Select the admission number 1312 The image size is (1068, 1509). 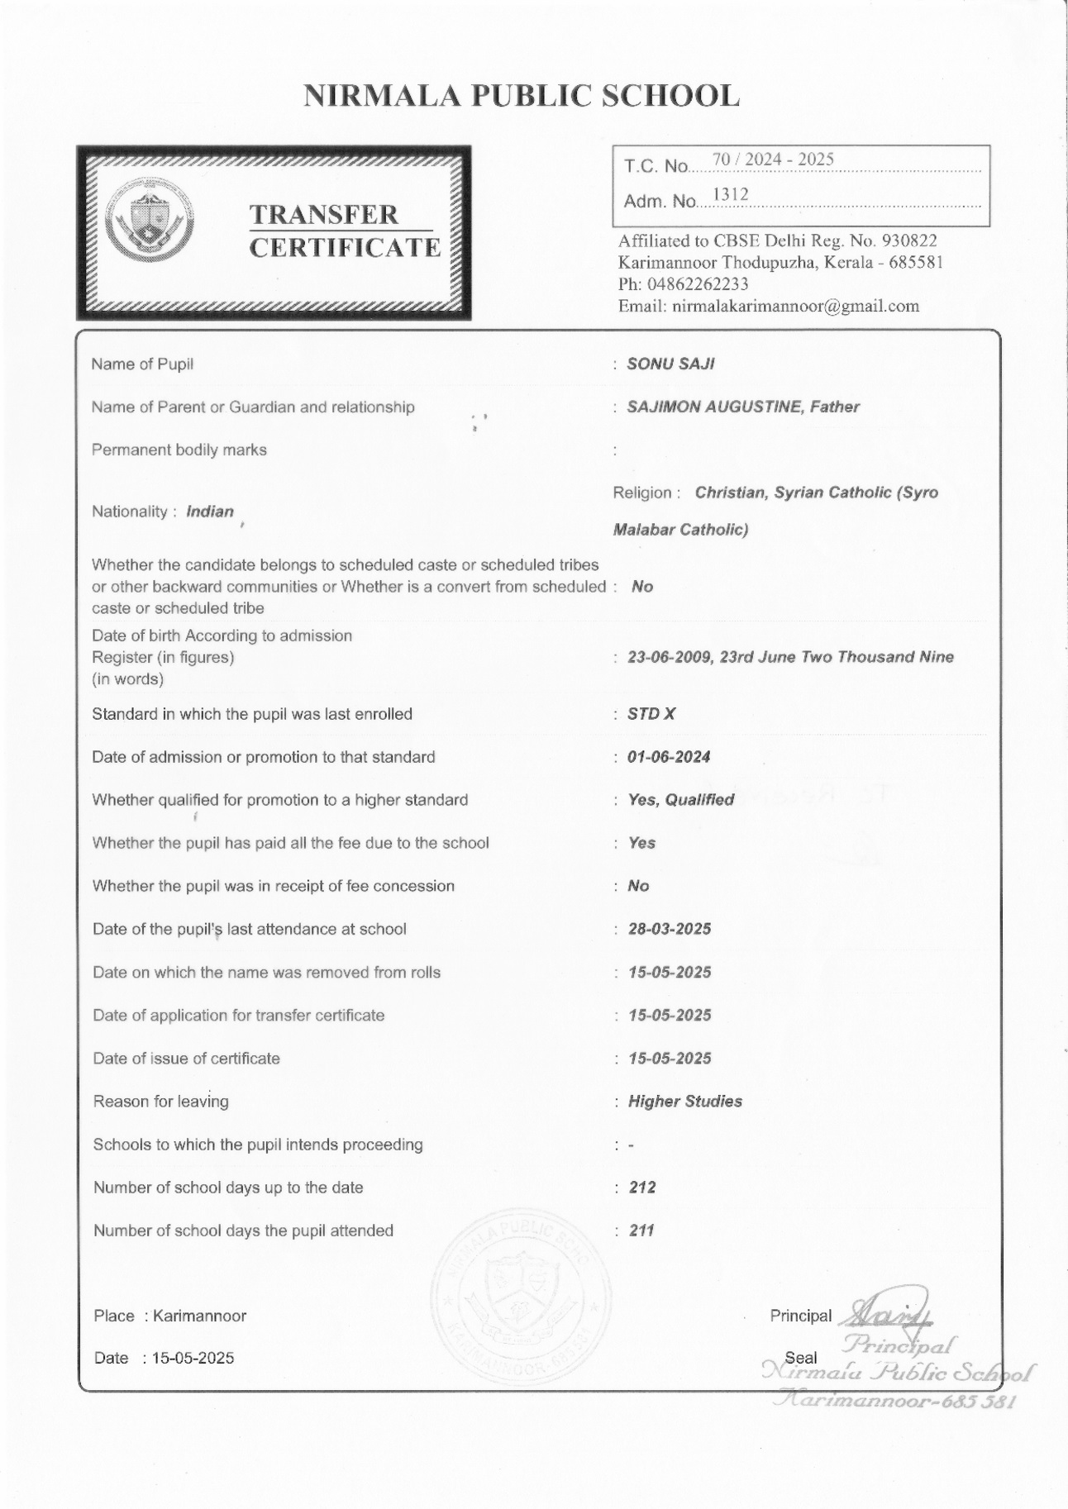(x=730, y=195)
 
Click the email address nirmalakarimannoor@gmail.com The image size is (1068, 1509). (x=795, y=306)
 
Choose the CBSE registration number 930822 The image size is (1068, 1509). (x=909, y=241)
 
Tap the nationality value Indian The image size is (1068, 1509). (x=210, y=512)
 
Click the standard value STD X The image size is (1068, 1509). (x=651, y=714)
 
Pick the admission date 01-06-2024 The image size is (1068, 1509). (x=669, y=757)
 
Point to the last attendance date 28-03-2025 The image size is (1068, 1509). (x=670, y=929)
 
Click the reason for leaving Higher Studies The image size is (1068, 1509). (x=685, y=1102)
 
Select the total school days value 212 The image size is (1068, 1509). (x=642, y=1188)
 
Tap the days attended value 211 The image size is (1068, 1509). (x=641, y=1231)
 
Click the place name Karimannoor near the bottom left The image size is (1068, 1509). (x=199, y=1316)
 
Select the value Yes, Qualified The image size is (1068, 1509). (x=681, y=800)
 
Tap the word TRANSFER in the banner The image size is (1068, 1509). (x=324, y=215)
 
